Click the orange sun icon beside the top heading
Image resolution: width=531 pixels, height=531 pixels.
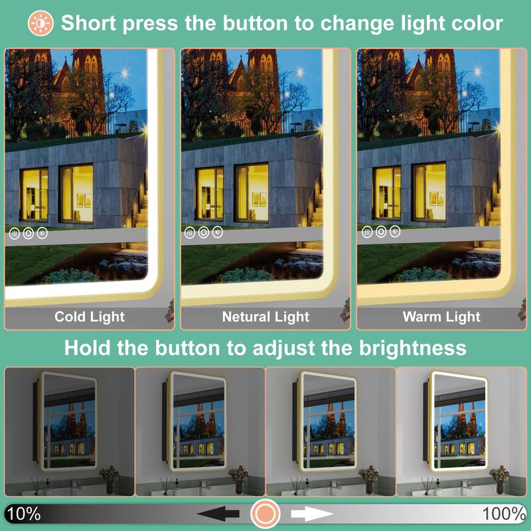40,23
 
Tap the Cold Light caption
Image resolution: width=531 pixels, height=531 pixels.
90,317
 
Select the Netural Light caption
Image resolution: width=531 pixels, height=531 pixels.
265,317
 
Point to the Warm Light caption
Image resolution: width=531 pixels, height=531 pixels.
441,317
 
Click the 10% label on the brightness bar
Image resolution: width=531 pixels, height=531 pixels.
23,513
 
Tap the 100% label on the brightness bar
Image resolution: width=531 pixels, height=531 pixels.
504,513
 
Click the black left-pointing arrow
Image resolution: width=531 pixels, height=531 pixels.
218,514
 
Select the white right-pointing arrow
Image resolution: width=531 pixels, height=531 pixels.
312,514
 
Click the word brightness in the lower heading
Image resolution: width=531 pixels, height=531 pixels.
412,348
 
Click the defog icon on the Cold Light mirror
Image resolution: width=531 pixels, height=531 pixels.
14,234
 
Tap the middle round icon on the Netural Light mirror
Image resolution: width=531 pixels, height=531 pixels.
204,233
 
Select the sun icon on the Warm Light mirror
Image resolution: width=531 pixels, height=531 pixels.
395,232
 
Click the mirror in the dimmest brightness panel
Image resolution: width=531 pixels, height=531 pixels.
68,421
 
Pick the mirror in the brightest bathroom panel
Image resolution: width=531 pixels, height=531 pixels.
459,421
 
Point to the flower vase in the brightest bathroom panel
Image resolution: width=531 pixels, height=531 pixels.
500,479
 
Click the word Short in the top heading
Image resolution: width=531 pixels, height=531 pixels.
88,23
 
